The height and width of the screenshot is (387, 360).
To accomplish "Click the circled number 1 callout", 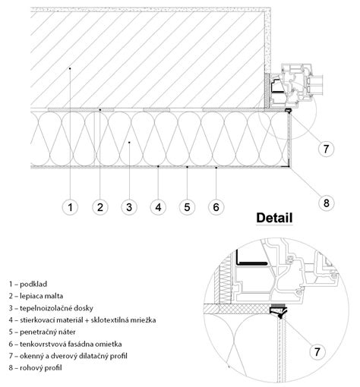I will (69, 206).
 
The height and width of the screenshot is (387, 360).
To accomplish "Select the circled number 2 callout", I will (99, 206).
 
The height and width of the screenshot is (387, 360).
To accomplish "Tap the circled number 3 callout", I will (129, 206).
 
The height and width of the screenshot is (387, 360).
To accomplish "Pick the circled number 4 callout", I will (158, 206).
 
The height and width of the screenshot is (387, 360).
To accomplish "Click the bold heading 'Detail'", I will (274, 218).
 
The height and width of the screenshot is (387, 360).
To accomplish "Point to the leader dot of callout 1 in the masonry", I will (69, 68).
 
